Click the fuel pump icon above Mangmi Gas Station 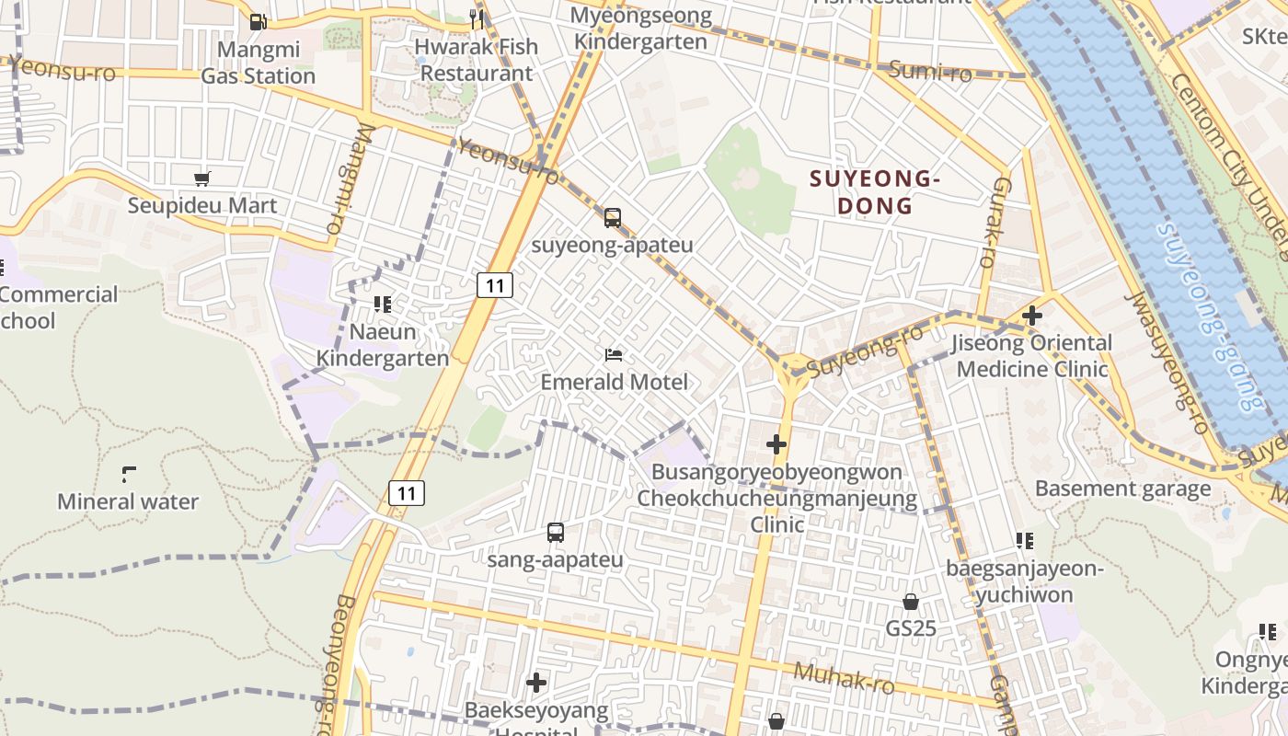(259, 22)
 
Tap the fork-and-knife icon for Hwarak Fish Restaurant (476, 18)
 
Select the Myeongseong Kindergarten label (640, 29)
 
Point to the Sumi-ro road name (930, 71)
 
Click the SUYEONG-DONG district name (875, 192)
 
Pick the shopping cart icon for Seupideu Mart (201, 178)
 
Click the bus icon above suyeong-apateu (613, 218)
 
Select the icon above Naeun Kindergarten (382, 304)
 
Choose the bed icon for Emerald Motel (614, 355)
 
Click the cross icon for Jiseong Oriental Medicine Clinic (1032, 316)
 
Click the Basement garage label (1122, 489)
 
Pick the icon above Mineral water (128, 475)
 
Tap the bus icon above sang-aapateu (556, 532)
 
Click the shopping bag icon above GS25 (910, 602)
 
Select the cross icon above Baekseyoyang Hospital (536, 683)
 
